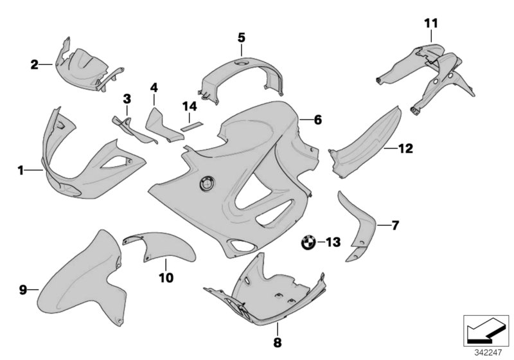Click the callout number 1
point(21,170)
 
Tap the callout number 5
point(241,38)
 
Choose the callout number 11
point(430,24)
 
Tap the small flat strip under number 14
point(190,127)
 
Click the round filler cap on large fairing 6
point(207,183)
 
